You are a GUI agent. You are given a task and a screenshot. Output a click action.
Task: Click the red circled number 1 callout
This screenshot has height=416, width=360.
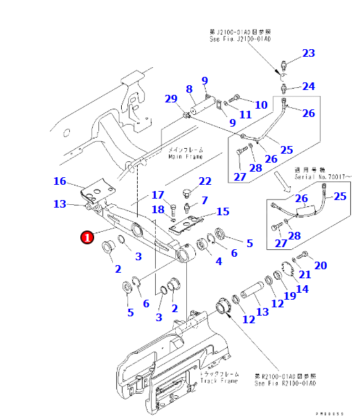87,237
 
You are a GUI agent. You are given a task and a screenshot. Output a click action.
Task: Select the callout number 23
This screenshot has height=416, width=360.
308,53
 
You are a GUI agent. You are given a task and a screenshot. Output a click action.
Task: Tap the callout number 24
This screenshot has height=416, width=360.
308,87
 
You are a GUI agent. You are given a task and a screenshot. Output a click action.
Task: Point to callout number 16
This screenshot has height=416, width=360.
60,181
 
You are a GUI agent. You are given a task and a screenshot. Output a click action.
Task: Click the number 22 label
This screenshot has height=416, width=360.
204,181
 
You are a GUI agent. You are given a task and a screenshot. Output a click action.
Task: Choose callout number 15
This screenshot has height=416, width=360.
222,211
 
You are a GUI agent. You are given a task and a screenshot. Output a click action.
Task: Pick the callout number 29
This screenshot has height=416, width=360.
170,99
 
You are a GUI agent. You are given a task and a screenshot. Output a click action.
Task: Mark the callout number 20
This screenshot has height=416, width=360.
320,265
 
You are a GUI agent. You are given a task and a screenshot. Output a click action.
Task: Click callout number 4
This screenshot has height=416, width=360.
219,261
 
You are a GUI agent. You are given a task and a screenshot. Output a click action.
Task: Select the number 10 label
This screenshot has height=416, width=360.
261,105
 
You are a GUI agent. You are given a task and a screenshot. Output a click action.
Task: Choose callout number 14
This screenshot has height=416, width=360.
302,289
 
